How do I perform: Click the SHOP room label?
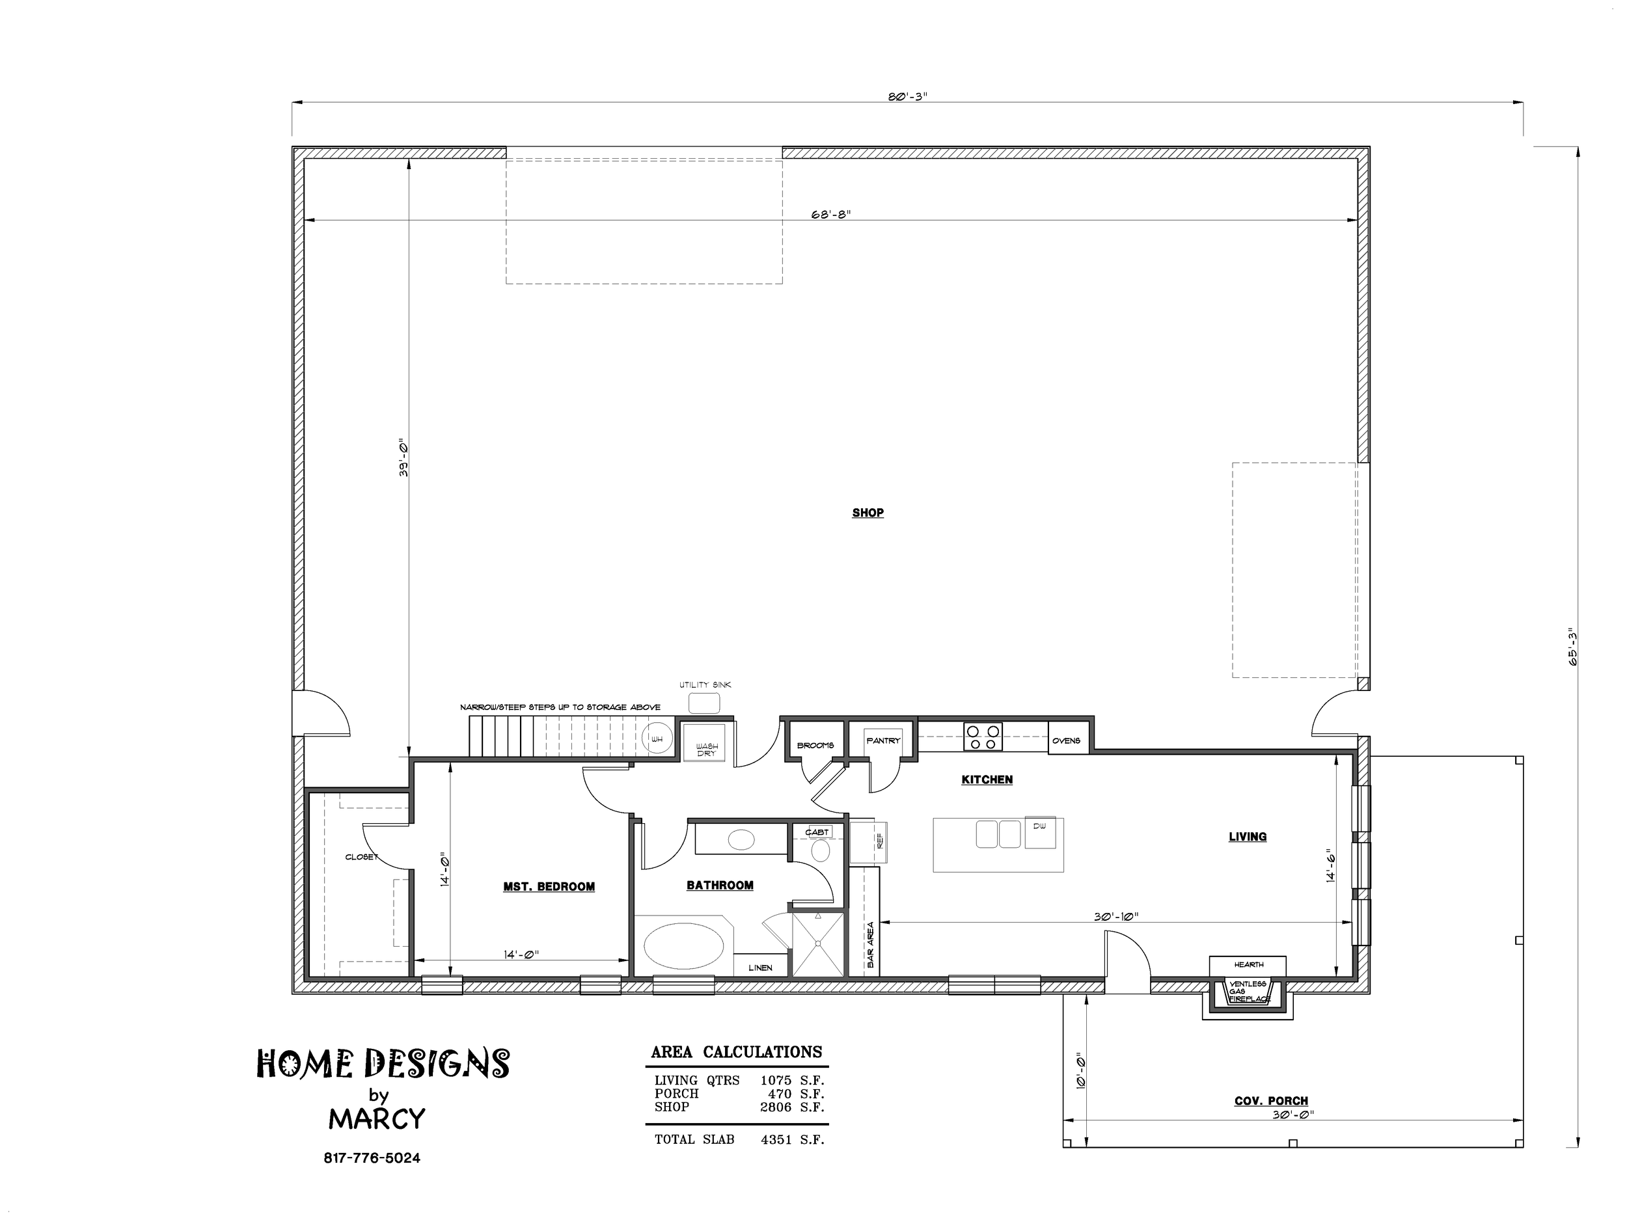point(868,513)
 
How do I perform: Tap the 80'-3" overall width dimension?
point(907,97)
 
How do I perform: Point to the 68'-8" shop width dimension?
point(831,214)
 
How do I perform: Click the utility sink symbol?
point(704,702)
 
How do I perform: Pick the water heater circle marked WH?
point(657,739)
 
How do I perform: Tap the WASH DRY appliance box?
point(706,744)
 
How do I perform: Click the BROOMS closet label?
point(815,746)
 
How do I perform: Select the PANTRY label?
point(882,740)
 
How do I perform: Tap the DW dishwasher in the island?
point(1040,832)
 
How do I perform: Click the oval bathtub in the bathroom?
point(683,947)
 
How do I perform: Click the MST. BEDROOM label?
point(549,887)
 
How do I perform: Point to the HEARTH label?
point(1249,964)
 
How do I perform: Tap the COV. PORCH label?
point(1271,1101)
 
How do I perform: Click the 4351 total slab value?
point(776,1140)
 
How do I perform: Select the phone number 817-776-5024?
point(372,1158)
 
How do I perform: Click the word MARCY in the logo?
point(377,1119)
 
